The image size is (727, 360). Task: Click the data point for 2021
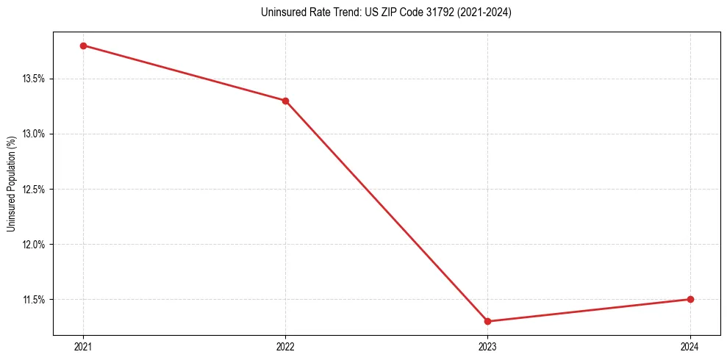83,46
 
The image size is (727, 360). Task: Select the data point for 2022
285,101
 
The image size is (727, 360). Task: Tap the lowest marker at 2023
488,321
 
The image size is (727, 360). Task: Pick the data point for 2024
690,299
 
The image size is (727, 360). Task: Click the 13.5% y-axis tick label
35,79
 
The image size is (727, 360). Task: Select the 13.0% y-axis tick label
35,134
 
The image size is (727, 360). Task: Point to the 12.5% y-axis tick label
35,189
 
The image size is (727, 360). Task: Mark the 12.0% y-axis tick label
35,244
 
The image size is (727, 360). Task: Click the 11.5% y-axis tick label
35,299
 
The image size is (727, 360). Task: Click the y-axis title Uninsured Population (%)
11,183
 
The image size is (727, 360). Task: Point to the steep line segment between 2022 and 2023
387,211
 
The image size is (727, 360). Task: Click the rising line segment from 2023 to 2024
589,310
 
